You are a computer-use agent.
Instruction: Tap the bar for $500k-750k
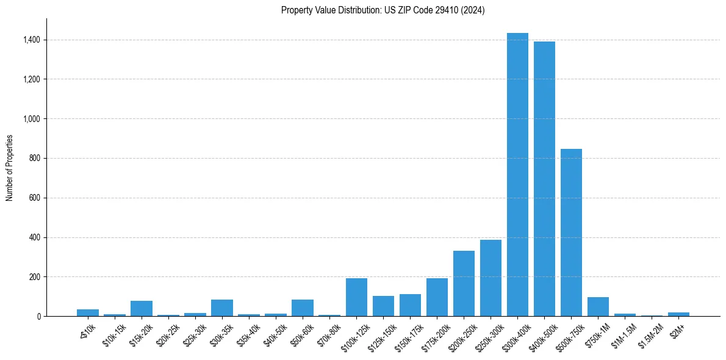571,232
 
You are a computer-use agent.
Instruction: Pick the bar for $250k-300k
491,278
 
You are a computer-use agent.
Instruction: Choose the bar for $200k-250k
464,283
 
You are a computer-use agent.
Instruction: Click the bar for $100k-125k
356,297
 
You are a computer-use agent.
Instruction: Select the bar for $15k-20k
142,308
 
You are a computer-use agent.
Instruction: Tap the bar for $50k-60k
303,308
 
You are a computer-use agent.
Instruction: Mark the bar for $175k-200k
437,297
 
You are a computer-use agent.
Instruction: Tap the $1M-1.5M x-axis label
623,334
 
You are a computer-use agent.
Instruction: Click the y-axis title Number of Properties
10,168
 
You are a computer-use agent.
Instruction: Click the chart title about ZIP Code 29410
383,10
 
